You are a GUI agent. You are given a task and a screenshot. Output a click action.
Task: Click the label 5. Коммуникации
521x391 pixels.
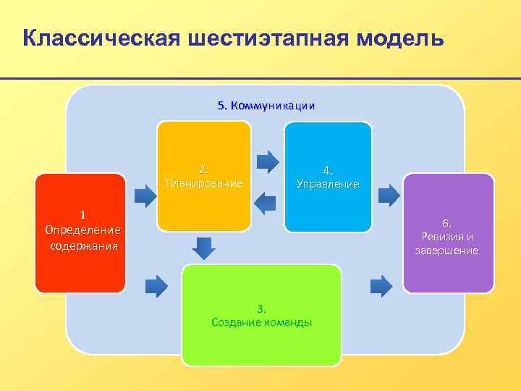coord(266,106)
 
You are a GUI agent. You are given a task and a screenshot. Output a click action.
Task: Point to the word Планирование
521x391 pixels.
coord(204,183)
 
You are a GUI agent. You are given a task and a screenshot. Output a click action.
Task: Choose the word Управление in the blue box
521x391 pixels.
coord(328,184)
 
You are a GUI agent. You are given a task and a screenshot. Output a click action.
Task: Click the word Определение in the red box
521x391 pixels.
coord(82,230)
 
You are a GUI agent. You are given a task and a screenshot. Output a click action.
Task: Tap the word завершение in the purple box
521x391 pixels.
coord(446,251)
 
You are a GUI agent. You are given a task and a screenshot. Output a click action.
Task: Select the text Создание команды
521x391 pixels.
coord(262,322)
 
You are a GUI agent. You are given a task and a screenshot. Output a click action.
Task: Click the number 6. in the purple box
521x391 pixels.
coord(447,223)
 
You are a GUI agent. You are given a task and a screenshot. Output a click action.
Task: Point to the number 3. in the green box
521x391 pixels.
coord(261,308)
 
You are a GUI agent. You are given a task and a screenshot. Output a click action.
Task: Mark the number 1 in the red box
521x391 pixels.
coord(82,214)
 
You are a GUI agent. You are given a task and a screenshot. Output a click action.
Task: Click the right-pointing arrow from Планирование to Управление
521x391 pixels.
coord(268,160)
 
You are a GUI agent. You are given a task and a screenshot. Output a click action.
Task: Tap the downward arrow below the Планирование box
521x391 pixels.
coord(205,247)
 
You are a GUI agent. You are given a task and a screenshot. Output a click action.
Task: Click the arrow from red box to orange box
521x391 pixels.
coord(147,194)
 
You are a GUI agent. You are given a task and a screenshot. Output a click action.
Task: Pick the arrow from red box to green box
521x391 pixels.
coord(156,285)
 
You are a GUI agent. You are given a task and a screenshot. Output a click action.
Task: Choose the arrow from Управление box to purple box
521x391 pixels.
coord(389,194)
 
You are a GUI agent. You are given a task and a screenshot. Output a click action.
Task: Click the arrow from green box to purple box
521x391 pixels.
coord(381,285)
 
